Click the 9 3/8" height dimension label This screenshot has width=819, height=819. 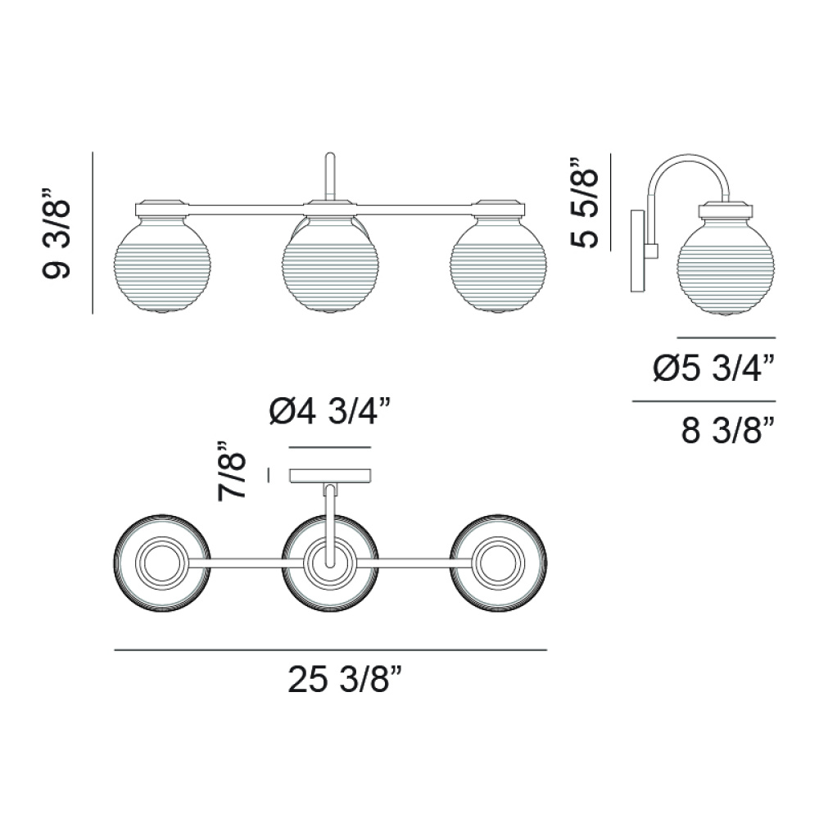pos(56,233)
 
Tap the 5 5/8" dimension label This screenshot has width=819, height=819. pos(584,202)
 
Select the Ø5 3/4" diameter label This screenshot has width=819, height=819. pos(713,369)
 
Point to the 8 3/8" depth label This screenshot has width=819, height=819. pos(726,431)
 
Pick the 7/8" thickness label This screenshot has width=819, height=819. pos(232,471)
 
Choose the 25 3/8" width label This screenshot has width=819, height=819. pos(345,680)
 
